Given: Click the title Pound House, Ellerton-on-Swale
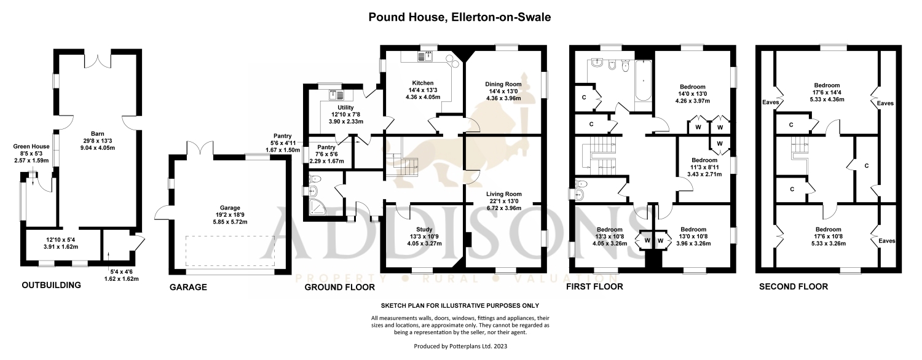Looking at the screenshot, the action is pyautogui.click(x=459, y=17).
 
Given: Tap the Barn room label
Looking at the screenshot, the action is pyautogui.click(x=98, y=134).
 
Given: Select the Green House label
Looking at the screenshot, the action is pyautogui.click(x=31, y=146).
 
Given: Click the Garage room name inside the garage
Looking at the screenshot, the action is pyautogui.click(x=230, y=208).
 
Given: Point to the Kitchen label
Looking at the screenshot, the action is pyautogui.click(x=423, y=83).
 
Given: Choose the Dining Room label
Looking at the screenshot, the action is pyautogui.click(x=503, y=84).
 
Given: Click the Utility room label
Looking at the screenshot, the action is pyautogui.click(x=345, y=108).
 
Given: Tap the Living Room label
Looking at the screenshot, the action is pyautogui.click(x=504, y=194).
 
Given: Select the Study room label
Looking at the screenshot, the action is pyautogui.click(x=424, y=229).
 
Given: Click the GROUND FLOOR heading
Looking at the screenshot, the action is pyautogui.click(x=339, y=287).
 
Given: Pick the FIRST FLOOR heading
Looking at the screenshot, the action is pyautogui.click(x=594, y=286).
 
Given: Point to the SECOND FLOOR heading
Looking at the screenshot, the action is pyautogui.click(x=793, y=286).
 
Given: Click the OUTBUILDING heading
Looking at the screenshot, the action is pyautogui.click(x=52, y=285).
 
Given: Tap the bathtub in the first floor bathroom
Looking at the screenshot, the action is pyautogui.click(x=643, y=80).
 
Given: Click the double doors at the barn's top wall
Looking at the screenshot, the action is pyautogui.click(x=98, y=59).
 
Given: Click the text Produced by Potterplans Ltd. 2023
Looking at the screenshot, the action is pyautogui.click(x=460, y=346).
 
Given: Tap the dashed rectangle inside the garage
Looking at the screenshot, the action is pyautogui.click(x=230, y=251).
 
